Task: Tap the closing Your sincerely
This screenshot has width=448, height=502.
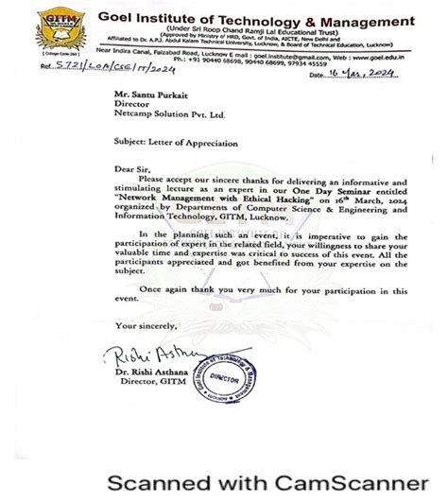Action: click(143, 324)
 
